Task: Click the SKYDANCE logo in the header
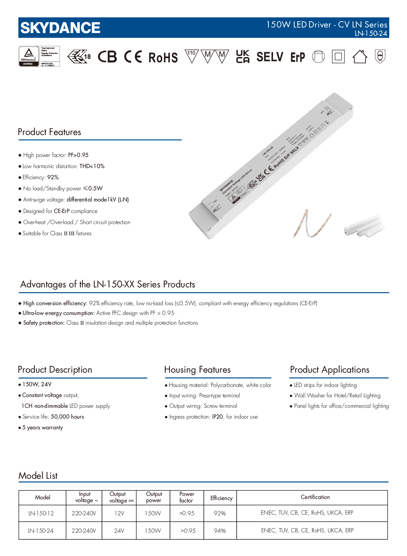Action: pyautogui.click(x=60, y=28)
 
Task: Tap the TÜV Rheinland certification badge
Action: pyautogui.click(x=39, y=56)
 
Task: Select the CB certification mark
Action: pyautogui.click(x=107, y=57)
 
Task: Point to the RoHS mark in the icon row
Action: pyautogui.click(x=163, y=57)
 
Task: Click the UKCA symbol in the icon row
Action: pyautogui.click(x=242, y=57)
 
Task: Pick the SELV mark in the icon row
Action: pyautogui.click(x=270, y=57)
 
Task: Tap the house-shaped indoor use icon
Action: pyautogui.click(x=360, y=57)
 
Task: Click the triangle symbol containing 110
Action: pyautogui.click(x=191, y=56)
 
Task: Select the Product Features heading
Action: pyautogui.click(x=49, y=132)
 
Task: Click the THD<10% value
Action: pyautogui.click(x=92, y=166)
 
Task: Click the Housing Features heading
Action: pyautogui.click(x=197, y=370)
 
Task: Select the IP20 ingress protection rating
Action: pyautogui.click(x=217, y=417)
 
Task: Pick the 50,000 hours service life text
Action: pyautogui.click(x=67, y=417)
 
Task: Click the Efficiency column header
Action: pyautogui.click(x=221, y=498)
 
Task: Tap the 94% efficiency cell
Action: pyautogui.click(x=220, y=531)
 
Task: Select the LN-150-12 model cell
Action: pyautogui.click(x=41, y=513)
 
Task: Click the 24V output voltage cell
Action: pyautogui.click(x=119, y=531)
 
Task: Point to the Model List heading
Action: pyautogui.click(x=38, y=476)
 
